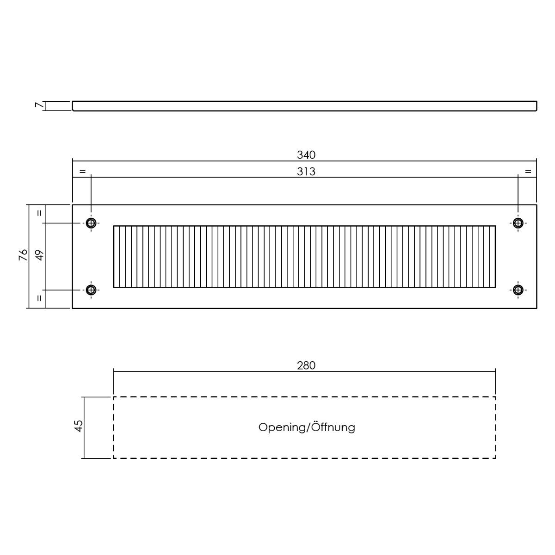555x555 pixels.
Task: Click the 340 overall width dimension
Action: [306, 155]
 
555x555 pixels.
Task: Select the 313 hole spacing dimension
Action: [306, 172]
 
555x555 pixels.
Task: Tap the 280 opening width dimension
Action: [306, 365]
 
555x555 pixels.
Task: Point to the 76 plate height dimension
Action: [23, 255]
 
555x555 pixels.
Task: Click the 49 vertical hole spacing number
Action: [39, 255]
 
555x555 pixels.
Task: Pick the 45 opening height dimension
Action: [78, 426]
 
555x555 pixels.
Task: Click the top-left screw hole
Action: [91, 223]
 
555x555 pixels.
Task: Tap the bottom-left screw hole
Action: [91, 290]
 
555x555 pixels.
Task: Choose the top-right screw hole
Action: [518, 223]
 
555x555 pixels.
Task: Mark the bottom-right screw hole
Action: [518, 290]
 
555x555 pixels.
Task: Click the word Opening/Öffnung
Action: [307, 427]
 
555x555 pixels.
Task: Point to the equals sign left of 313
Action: [83, 171]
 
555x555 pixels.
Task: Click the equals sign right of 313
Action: [528, 171]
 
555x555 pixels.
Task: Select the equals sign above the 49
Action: [39, 213]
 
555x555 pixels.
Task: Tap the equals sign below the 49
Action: [39, 298]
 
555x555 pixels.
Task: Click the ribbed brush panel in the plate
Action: [304, 257]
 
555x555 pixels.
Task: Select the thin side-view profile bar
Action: [304, 106]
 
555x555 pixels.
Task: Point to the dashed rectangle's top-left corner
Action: [113, 397]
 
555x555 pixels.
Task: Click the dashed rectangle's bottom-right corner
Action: [495, 458]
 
